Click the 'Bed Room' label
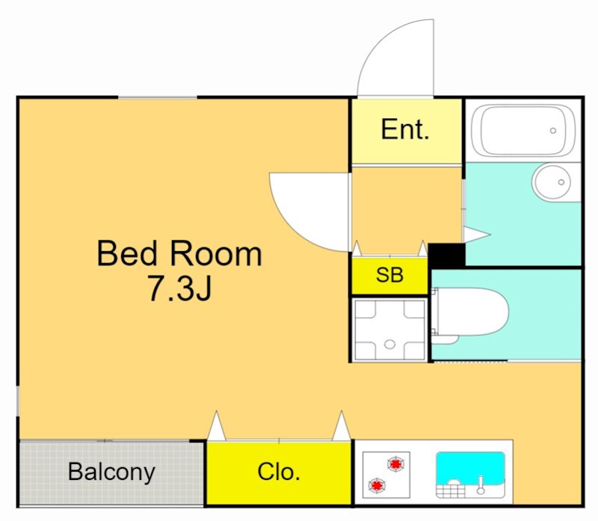179,253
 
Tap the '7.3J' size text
179,289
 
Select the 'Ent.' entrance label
405,129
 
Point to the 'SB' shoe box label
389,274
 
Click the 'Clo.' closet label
278,472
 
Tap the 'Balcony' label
111,473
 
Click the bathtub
523,131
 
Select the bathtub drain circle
552,131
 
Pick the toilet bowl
471,312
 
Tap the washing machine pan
389,330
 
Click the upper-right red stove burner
396,464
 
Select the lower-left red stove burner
377,485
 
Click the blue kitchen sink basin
470,469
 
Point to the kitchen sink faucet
481,485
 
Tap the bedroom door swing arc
294,229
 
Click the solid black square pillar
446,256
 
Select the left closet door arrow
216,426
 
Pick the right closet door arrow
342,426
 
